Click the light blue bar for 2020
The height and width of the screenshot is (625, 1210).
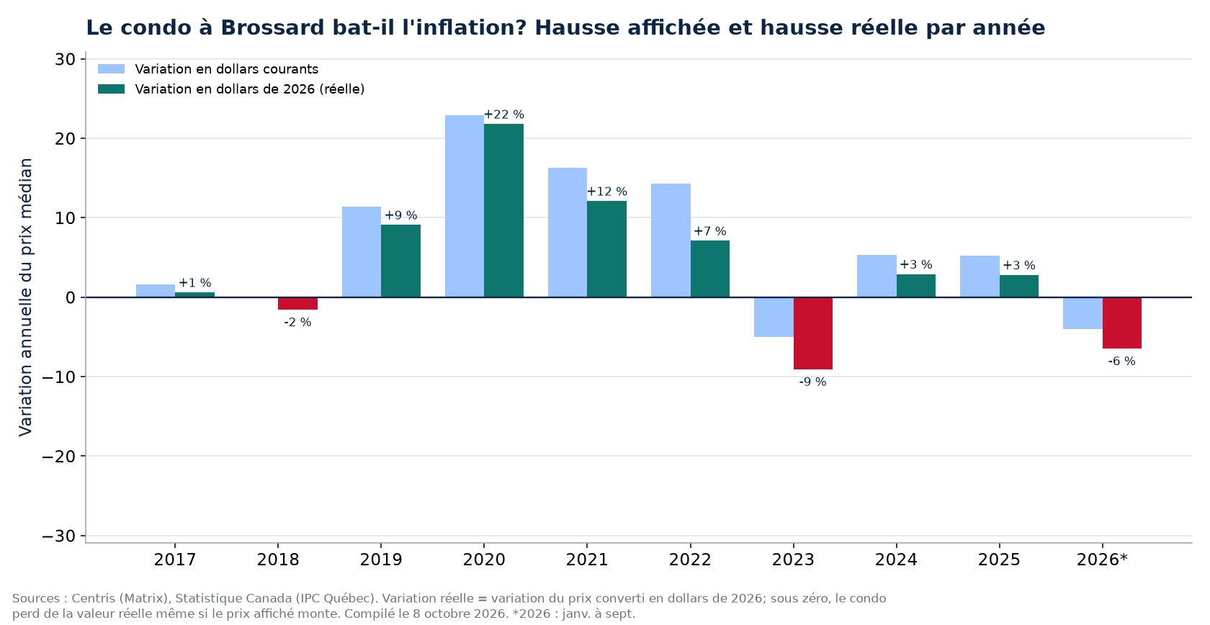pos(465,206)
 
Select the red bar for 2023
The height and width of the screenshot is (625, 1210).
pos(813,333)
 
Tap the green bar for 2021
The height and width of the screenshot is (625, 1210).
pos(606,249)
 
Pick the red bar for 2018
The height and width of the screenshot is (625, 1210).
pos(297,303)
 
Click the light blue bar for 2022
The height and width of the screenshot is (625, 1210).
pos(671,240)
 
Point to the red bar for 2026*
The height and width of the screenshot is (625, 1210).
pos(1122,323)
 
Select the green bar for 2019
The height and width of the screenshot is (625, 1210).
pos(400,261)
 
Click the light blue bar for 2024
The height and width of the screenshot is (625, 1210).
pos(877,276)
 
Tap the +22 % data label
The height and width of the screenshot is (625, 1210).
pos(504,114)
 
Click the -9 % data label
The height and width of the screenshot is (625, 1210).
pos(813,382)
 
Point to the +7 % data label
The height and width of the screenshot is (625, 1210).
pos(710,231)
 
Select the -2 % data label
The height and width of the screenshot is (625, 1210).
pos(297,323)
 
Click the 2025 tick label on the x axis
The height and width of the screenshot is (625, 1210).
pos(1000,559)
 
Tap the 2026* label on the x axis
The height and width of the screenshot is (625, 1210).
pos(1103,559)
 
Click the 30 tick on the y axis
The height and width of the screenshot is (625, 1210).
pos(65,60)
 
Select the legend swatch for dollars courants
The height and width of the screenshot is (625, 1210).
pos(111,69)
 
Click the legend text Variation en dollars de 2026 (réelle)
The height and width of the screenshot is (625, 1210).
pos(249,89)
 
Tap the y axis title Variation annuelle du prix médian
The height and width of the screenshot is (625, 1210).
pos(25,297)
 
